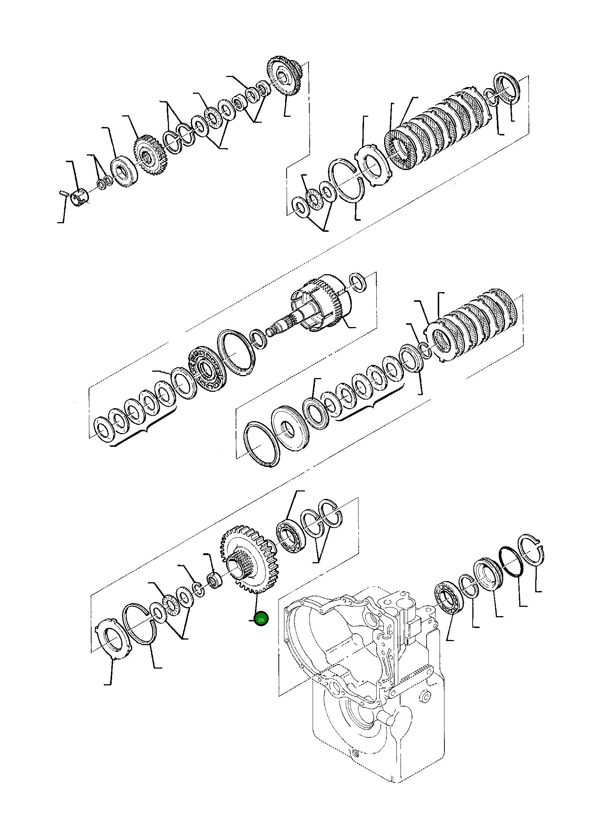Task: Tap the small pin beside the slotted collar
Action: coord(62,193)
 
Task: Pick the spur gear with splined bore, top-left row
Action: coord(151,157)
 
